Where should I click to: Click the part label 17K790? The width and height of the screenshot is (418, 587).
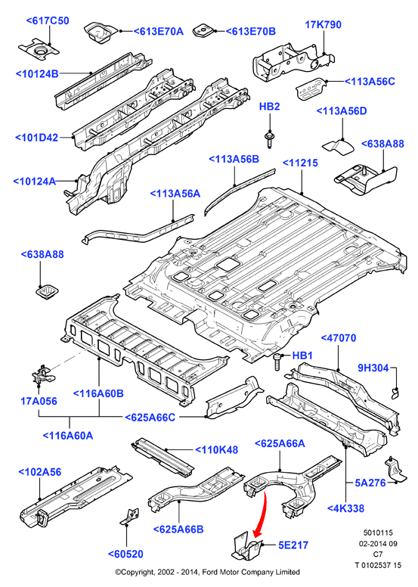pos(323,25)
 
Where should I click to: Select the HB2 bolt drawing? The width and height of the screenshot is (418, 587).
pos(269,138)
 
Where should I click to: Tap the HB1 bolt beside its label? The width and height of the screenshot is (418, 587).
pos(277,362)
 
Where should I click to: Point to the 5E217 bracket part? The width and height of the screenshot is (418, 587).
pos(246,546)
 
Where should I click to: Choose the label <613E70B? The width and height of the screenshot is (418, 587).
pos(250,32)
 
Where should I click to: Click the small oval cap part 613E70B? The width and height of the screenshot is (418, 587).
pos(203,31)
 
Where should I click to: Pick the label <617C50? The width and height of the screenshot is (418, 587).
pos(48,20)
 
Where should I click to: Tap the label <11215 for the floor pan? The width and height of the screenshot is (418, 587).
pos(300,163)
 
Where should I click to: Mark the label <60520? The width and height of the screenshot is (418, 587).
pos(125,554)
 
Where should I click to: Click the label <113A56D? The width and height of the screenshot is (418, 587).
pos(342,111)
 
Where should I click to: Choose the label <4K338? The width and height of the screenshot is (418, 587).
pos(345,508)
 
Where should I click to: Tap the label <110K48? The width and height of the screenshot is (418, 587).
pos(217,449)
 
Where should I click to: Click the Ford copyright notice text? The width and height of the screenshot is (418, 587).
pos(207,572)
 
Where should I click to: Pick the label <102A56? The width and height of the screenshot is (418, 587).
pos(40,472)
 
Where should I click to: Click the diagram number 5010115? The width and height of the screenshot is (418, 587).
pos(378,533)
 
